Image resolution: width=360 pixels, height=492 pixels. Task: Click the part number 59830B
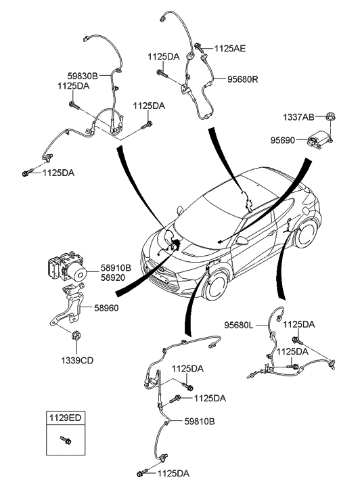point(83,76)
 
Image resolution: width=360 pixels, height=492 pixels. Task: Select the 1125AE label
point(230,48)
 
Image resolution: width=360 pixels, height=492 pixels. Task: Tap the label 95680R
point(243,79)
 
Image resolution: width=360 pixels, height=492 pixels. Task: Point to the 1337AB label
point(298,117)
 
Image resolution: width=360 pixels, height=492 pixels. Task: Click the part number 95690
point(283,140)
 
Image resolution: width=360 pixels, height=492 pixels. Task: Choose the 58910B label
point(116,268)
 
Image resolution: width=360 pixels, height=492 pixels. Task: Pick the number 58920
point(113,277)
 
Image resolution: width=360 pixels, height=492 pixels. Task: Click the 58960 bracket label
point(106,308)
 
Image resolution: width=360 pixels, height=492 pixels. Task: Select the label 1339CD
point(77,361)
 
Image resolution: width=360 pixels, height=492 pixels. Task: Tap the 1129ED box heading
point(65,418)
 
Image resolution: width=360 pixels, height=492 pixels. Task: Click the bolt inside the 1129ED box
point(66,441)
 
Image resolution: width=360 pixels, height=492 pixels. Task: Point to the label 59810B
point(200,422)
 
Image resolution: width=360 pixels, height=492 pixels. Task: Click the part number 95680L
point(239,325)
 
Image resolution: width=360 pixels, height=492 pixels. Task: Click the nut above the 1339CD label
point(76,336)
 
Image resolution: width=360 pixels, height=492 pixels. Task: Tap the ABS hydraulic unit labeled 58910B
point(67,267)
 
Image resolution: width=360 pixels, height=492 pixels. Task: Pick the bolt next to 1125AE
point(199,47)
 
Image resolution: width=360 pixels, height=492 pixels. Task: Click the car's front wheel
point(216,286)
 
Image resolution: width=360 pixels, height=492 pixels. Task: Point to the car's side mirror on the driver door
point(242,241)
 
